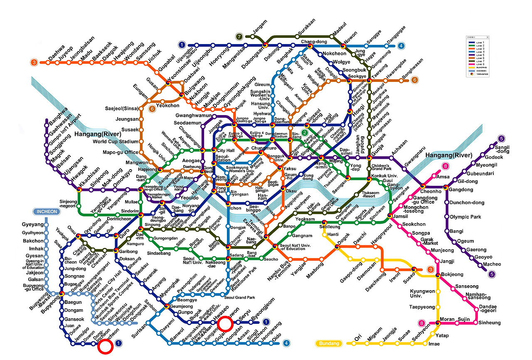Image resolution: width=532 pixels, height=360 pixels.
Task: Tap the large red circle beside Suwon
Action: (225, 323)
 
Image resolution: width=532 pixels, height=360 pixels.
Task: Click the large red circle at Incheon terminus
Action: (106, 347)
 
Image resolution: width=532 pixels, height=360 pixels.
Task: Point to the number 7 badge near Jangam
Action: (239, 37)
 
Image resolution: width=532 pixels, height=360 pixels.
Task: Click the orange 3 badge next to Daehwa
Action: (34, 63)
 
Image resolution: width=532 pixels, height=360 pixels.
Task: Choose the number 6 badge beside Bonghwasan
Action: (414, 80)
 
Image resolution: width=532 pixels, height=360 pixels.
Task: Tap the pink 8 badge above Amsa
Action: (446, 167)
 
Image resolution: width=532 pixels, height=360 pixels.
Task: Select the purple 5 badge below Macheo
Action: (492, 274)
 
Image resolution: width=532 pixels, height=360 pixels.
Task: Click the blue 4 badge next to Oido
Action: (286, 343)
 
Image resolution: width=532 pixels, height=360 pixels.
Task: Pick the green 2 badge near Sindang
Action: (305, 133)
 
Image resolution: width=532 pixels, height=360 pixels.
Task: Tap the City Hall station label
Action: (226, 150)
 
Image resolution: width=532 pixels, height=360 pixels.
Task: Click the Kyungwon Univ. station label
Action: (421, 293)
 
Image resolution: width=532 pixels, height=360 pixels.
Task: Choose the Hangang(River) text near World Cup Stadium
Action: (98, 134)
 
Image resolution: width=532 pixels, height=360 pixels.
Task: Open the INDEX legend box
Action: (478, 56)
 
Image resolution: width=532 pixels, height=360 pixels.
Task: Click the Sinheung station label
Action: (490, 323)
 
